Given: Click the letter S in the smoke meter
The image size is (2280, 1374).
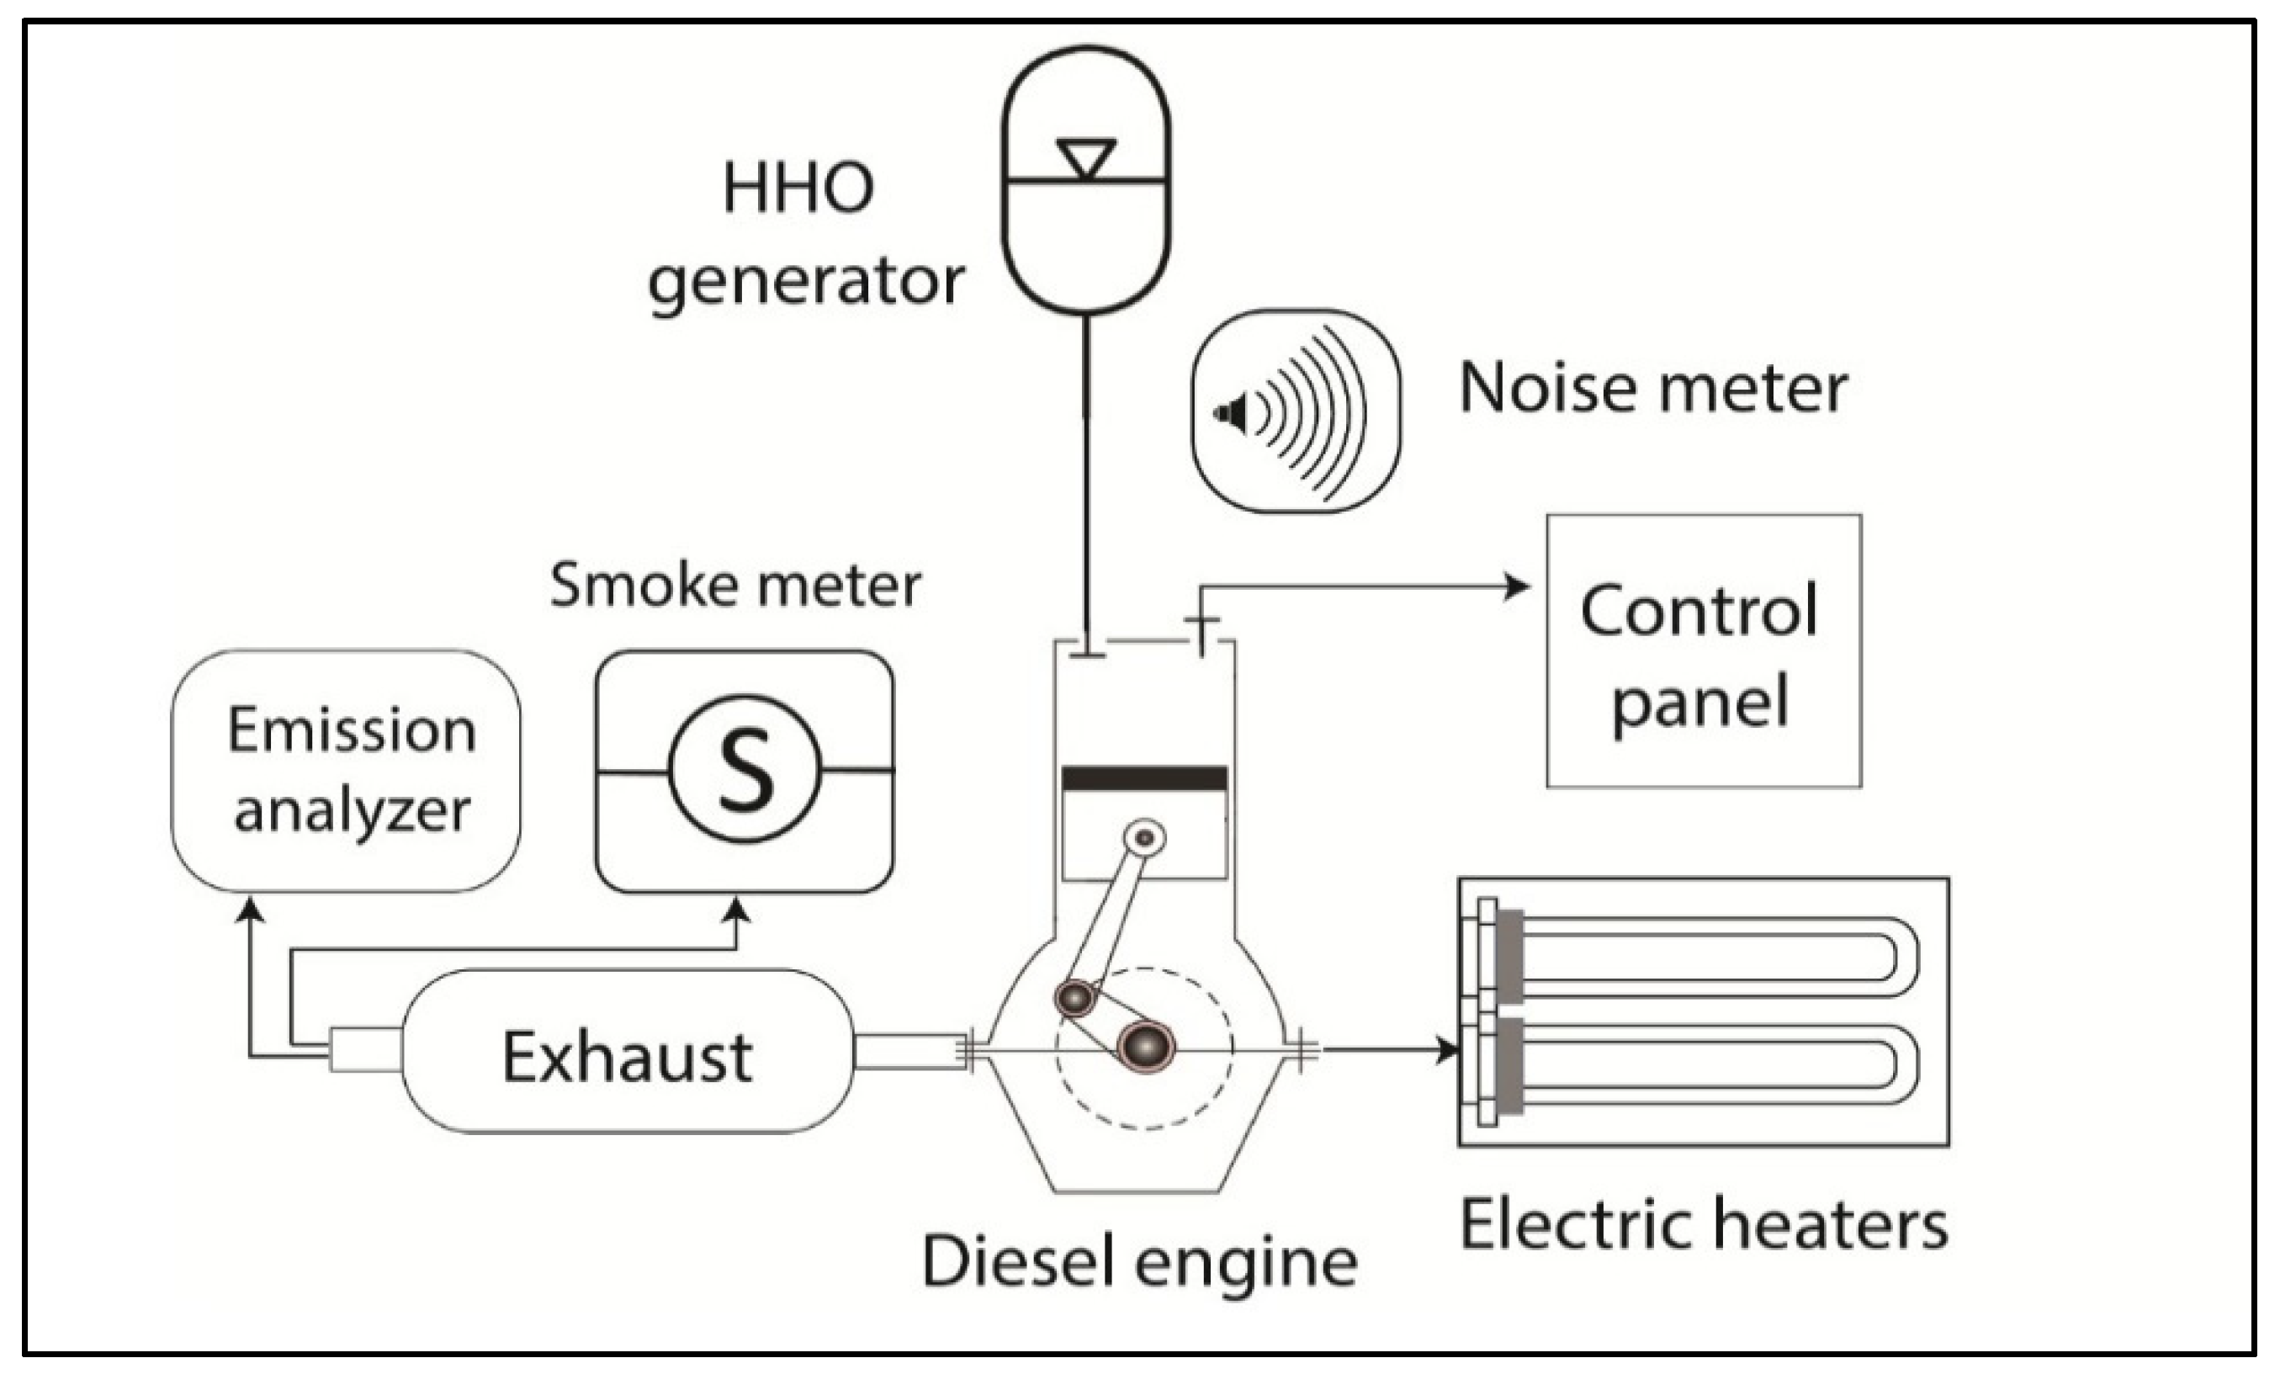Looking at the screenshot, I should point(745,770).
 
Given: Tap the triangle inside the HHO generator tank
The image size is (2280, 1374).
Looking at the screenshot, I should point(1086,157).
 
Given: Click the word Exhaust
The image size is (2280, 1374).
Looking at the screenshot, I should point(628,1057).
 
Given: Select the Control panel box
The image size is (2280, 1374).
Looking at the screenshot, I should point(1704,651).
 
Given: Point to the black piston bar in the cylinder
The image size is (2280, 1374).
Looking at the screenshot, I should point(1144,778).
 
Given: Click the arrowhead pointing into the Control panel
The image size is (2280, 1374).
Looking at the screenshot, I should point(1519,586).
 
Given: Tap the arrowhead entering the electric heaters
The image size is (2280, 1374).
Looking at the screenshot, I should point(1448,1050).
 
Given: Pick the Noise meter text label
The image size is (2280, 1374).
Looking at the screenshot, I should point(1652,388).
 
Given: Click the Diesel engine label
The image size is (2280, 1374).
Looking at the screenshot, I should point(1140,1262).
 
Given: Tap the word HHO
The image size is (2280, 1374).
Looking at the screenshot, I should point(798,188).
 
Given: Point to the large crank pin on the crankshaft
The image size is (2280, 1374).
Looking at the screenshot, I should point(1146,1047).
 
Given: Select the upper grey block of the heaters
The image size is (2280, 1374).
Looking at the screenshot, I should point(1510,956).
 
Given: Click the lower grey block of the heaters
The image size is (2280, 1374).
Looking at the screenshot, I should point(1510,1066).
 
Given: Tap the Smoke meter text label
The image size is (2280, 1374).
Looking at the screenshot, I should point(735,586).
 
